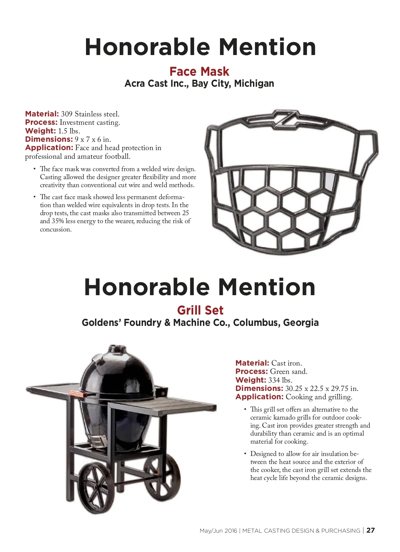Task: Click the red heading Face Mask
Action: (199, 72)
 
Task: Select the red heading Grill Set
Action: (200, 310)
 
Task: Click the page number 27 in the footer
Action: (371, 530)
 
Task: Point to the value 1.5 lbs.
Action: (69, 131)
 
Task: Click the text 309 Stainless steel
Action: (90, 114)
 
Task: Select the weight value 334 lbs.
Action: (280, 380)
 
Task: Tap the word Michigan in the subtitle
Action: (254, 83)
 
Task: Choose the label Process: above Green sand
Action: (252, 372)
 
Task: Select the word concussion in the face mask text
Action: (56, 229)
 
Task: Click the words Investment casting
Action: (90, 123)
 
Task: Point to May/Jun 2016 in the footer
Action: (218, 531)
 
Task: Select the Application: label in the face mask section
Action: (49, 148)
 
